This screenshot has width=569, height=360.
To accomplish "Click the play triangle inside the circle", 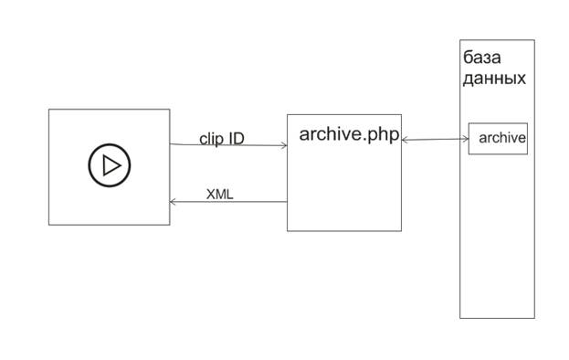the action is pos(111,165).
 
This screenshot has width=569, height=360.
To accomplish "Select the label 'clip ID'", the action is pos(222,139).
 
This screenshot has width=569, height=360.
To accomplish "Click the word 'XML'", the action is pos(219,195).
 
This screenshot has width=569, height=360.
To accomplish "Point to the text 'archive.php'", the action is pos(349,134).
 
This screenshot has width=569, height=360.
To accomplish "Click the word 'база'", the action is pos(482,58).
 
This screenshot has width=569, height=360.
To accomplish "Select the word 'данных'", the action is pos(494,79).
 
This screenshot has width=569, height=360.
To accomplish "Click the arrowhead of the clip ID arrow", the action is pos(284,145).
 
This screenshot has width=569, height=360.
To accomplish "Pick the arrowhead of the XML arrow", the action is pos(173,201).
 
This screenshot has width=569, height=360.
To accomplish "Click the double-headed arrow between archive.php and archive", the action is pos(435,139).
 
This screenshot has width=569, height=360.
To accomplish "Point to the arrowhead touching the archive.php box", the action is pos(405,140).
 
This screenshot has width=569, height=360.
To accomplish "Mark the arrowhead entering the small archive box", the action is pos(466,139).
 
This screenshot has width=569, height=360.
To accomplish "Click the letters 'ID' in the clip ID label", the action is pos(237,138).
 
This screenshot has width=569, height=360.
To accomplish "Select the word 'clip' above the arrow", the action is pos(211,139).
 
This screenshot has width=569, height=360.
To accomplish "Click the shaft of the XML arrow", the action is pos(228,201).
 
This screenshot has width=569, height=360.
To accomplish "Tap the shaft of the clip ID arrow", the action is pos(228,144).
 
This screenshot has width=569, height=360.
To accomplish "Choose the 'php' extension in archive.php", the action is pos(384,136).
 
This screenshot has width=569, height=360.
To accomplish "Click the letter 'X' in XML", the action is pos(210,195).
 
